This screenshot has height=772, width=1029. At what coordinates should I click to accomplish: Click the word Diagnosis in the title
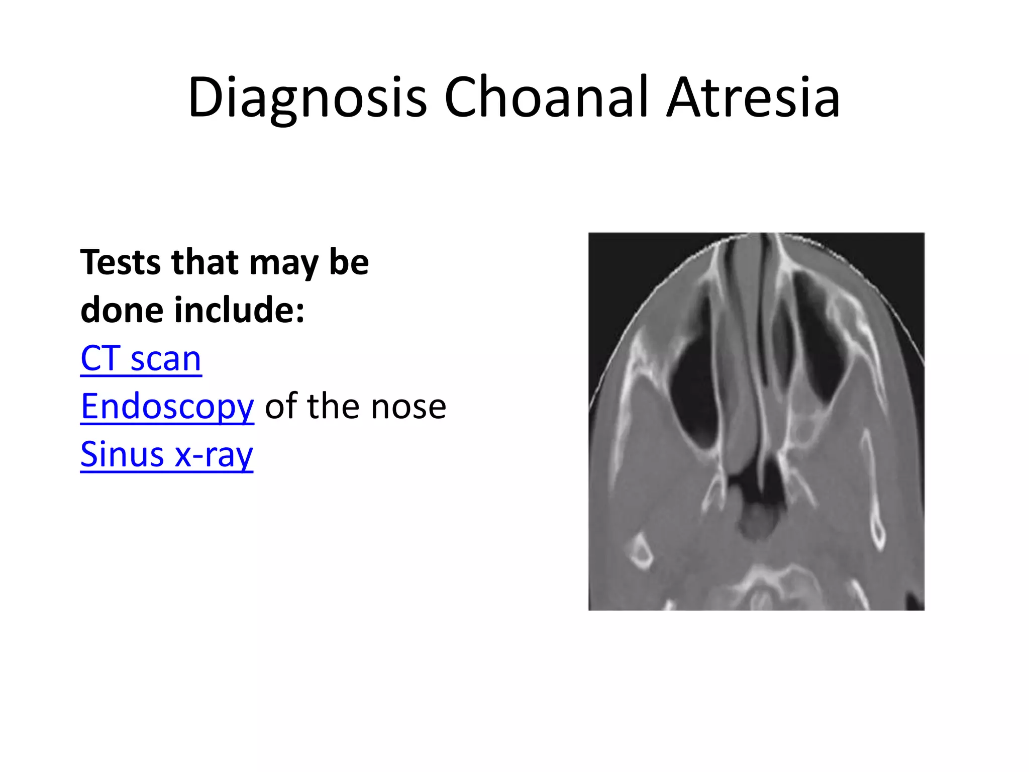pos(307,98)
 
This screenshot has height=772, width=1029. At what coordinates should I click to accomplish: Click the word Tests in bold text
pos(120,262)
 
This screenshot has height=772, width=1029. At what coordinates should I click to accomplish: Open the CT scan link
pos(141,359)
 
